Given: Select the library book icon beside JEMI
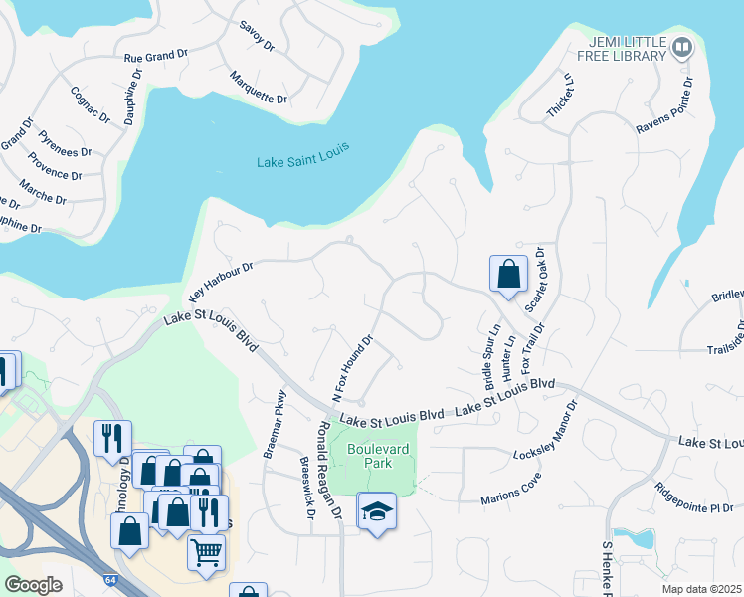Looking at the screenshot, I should (x=682, y=47).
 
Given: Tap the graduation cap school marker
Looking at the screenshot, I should (x=376, y=512).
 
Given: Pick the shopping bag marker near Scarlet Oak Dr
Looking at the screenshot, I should (x=507, y=273).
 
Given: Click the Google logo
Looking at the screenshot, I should (x=34, y=585).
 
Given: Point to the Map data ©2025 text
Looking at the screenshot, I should (x=701, y=589).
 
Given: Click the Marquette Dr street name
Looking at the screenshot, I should (x=258, y=88).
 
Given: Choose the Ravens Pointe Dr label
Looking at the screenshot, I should (x=664, y=111).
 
